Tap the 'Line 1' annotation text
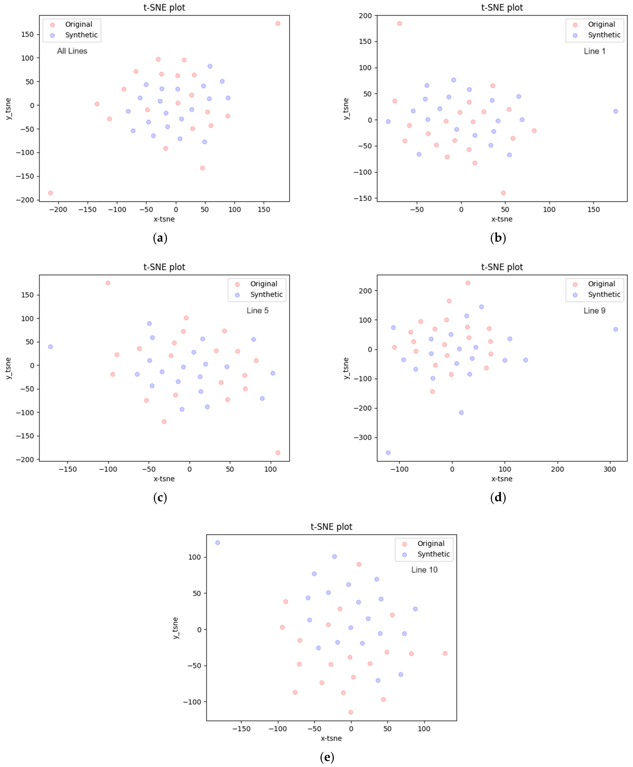tap(594, 51)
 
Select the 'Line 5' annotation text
tap(257, 311)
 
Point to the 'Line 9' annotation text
tap(594, 311)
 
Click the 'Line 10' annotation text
tap(424, 570)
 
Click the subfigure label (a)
tap(160, 238)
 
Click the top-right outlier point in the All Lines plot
tap(278, 23)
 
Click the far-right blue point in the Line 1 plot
tap(616, 111)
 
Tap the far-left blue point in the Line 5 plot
tap(50, 347)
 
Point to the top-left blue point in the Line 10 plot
tap(218, 543)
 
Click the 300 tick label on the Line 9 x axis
tap(610, 469)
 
